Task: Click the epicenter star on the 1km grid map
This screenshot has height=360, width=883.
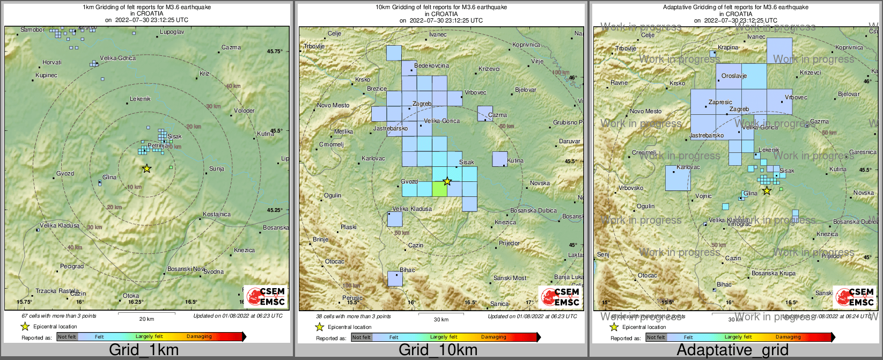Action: coord(146,168)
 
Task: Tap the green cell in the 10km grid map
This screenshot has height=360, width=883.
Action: coord(439,189)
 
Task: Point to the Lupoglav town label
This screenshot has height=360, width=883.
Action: coord(172,32)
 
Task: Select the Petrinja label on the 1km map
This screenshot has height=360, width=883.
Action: coord(158,145)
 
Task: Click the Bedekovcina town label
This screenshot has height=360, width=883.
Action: coord(431,65)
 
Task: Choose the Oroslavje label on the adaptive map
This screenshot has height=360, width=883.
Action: coord(734,76)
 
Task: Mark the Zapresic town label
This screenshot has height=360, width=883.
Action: coord(720,102)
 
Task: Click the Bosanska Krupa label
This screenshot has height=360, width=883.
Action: coord(773,274)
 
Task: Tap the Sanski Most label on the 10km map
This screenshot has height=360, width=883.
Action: coord(510,278)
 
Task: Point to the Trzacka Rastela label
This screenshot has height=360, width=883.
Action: coord(57,291)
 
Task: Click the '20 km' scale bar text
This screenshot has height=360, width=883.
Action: coord(146,319)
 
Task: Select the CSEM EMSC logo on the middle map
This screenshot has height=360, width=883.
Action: coord(560,297)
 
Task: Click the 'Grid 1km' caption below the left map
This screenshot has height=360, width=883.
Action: coord(144,350)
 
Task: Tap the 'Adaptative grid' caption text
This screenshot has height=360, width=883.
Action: coord(732,350)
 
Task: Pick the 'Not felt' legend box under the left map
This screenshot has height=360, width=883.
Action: coord(67,337)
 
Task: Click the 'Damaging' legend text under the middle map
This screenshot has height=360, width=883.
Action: coord(494,337)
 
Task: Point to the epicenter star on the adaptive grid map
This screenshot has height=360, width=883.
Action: coord(767,190)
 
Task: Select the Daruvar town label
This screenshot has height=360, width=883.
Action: coord(569,142)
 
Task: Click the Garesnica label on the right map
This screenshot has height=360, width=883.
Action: coord(863,152)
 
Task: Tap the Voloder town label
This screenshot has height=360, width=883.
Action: coord(244,111)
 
